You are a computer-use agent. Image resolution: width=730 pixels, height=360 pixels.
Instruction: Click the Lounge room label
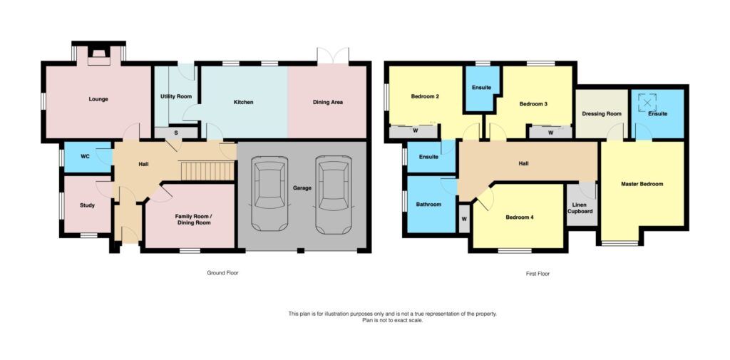click(98, 99)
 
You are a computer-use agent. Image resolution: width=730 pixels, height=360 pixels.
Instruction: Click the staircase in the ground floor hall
click(207, 171)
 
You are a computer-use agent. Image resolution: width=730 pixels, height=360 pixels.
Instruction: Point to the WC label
click(85, 156)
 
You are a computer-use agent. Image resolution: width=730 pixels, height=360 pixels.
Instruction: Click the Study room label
click(87, 205)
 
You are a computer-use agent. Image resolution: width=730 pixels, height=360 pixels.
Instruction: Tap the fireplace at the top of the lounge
click(98, 56)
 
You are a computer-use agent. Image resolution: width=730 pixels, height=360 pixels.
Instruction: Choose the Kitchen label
click(244, 102)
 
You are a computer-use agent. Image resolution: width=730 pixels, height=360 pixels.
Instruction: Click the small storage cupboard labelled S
click(175, 133)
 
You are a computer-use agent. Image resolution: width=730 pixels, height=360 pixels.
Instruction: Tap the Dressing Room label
click(602, 113)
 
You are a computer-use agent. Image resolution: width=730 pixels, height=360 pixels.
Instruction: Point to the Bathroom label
click(429, 205)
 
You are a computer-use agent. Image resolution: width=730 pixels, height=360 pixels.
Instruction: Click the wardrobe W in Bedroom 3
click(550, 133)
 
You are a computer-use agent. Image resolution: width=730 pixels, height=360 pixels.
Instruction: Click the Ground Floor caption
click(222, 273)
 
